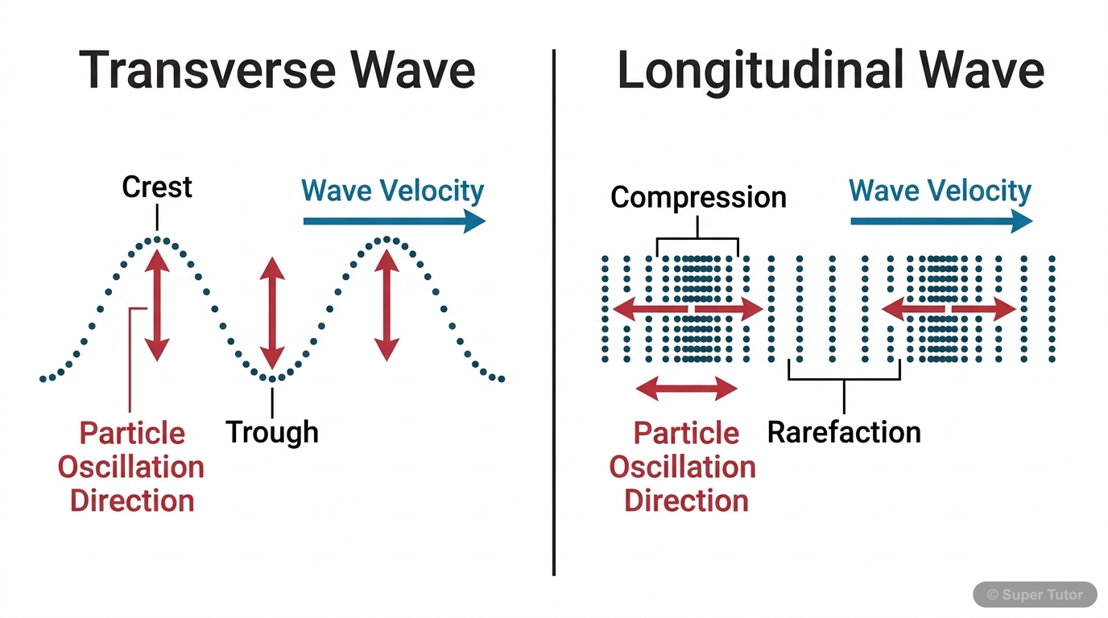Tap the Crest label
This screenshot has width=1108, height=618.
(157, 187)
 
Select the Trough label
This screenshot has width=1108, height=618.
(272, 432)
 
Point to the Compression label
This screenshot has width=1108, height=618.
(698, 197)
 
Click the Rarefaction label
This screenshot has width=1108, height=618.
(844, 432)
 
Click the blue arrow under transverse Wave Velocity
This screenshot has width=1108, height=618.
(394, 221)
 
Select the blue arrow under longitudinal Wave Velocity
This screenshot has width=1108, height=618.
(941, 221)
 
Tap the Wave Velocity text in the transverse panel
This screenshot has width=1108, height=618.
(392, 191)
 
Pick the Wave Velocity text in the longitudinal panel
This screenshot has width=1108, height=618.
(940, 191)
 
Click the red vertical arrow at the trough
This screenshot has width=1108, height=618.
(272, 314)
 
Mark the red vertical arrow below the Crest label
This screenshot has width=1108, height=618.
(157, 304)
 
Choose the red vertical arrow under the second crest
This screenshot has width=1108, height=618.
(387, 304)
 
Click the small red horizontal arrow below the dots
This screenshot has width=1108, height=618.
(686, 389)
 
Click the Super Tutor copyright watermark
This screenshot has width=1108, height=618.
(1035, 595)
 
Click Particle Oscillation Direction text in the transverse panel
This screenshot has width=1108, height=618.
(131, 467)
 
